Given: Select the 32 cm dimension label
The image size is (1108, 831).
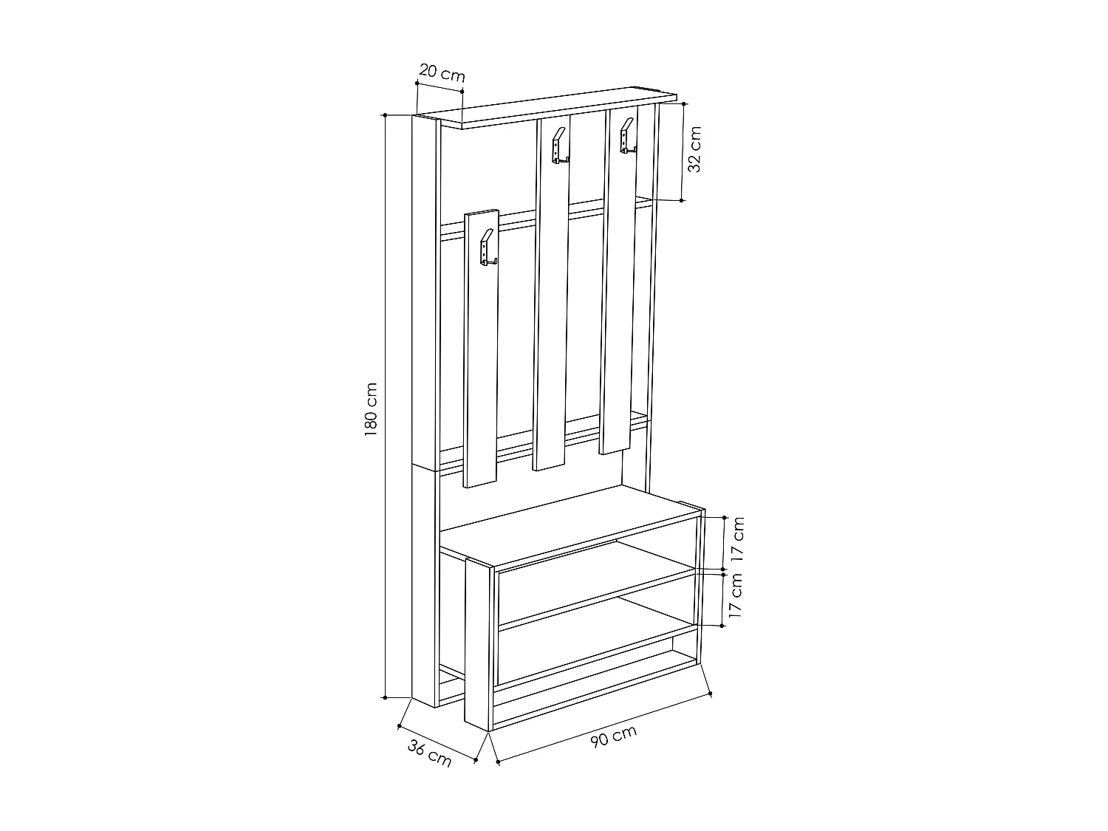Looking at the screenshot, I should coord(694,149).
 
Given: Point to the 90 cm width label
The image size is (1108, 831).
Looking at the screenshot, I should coord(613,736).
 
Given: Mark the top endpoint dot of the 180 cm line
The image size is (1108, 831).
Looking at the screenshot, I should coord(385,115).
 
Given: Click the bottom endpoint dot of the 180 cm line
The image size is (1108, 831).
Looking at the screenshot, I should coord(385,697).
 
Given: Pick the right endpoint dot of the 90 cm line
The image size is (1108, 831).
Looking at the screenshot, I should coord(710,694).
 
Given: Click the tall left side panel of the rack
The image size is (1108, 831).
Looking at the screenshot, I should coord(425,406).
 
